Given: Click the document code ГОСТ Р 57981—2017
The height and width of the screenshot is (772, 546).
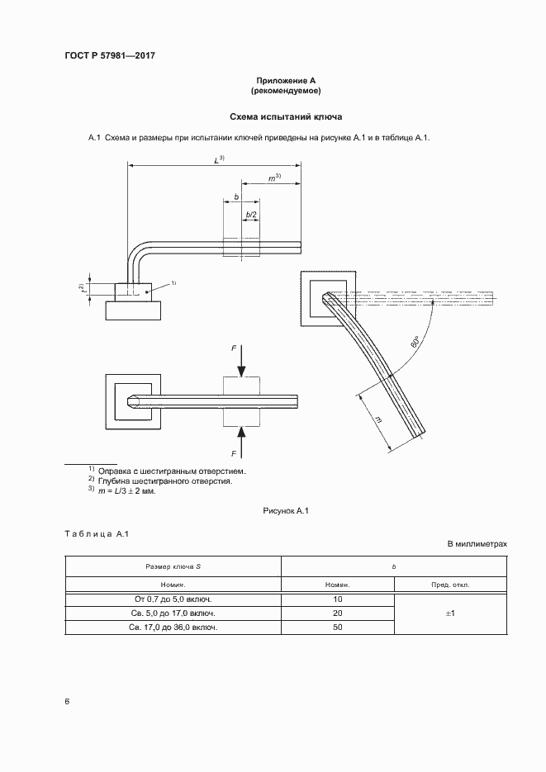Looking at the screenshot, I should pos(109,55).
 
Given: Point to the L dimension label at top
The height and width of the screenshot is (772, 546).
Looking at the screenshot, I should pos(219,159).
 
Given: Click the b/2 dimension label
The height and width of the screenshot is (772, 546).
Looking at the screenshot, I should pos(250,215).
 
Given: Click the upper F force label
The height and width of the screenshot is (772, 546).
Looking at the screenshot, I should pos(235,349).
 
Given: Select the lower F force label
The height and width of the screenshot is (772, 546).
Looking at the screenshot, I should pos(235,452).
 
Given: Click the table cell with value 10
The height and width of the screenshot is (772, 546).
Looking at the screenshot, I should pos(338,599).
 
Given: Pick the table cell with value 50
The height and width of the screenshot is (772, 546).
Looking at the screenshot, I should pos(338,628).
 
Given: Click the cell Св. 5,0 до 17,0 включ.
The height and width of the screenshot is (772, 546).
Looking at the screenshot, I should pos(173,613).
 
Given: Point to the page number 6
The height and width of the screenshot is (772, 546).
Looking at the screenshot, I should pos(67,702).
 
